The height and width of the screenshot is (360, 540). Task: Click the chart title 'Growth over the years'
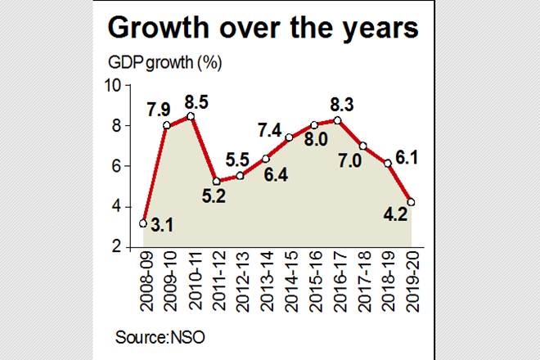pos(264,29)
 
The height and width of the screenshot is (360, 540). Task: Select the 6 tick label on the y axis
pos(117,166)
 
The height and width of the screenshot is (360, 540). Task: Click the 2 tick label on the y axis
pos(117,247)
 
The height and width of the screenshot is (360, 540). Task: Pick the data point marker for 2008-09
pos(143,223)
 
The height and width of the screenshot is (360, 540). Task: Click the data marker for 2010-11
pos(191,116)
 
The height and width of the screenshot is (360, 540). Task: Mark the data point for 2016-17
pos(339,120)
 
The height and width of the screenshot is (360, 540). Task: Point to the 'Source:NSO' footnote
pos(152,335)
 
